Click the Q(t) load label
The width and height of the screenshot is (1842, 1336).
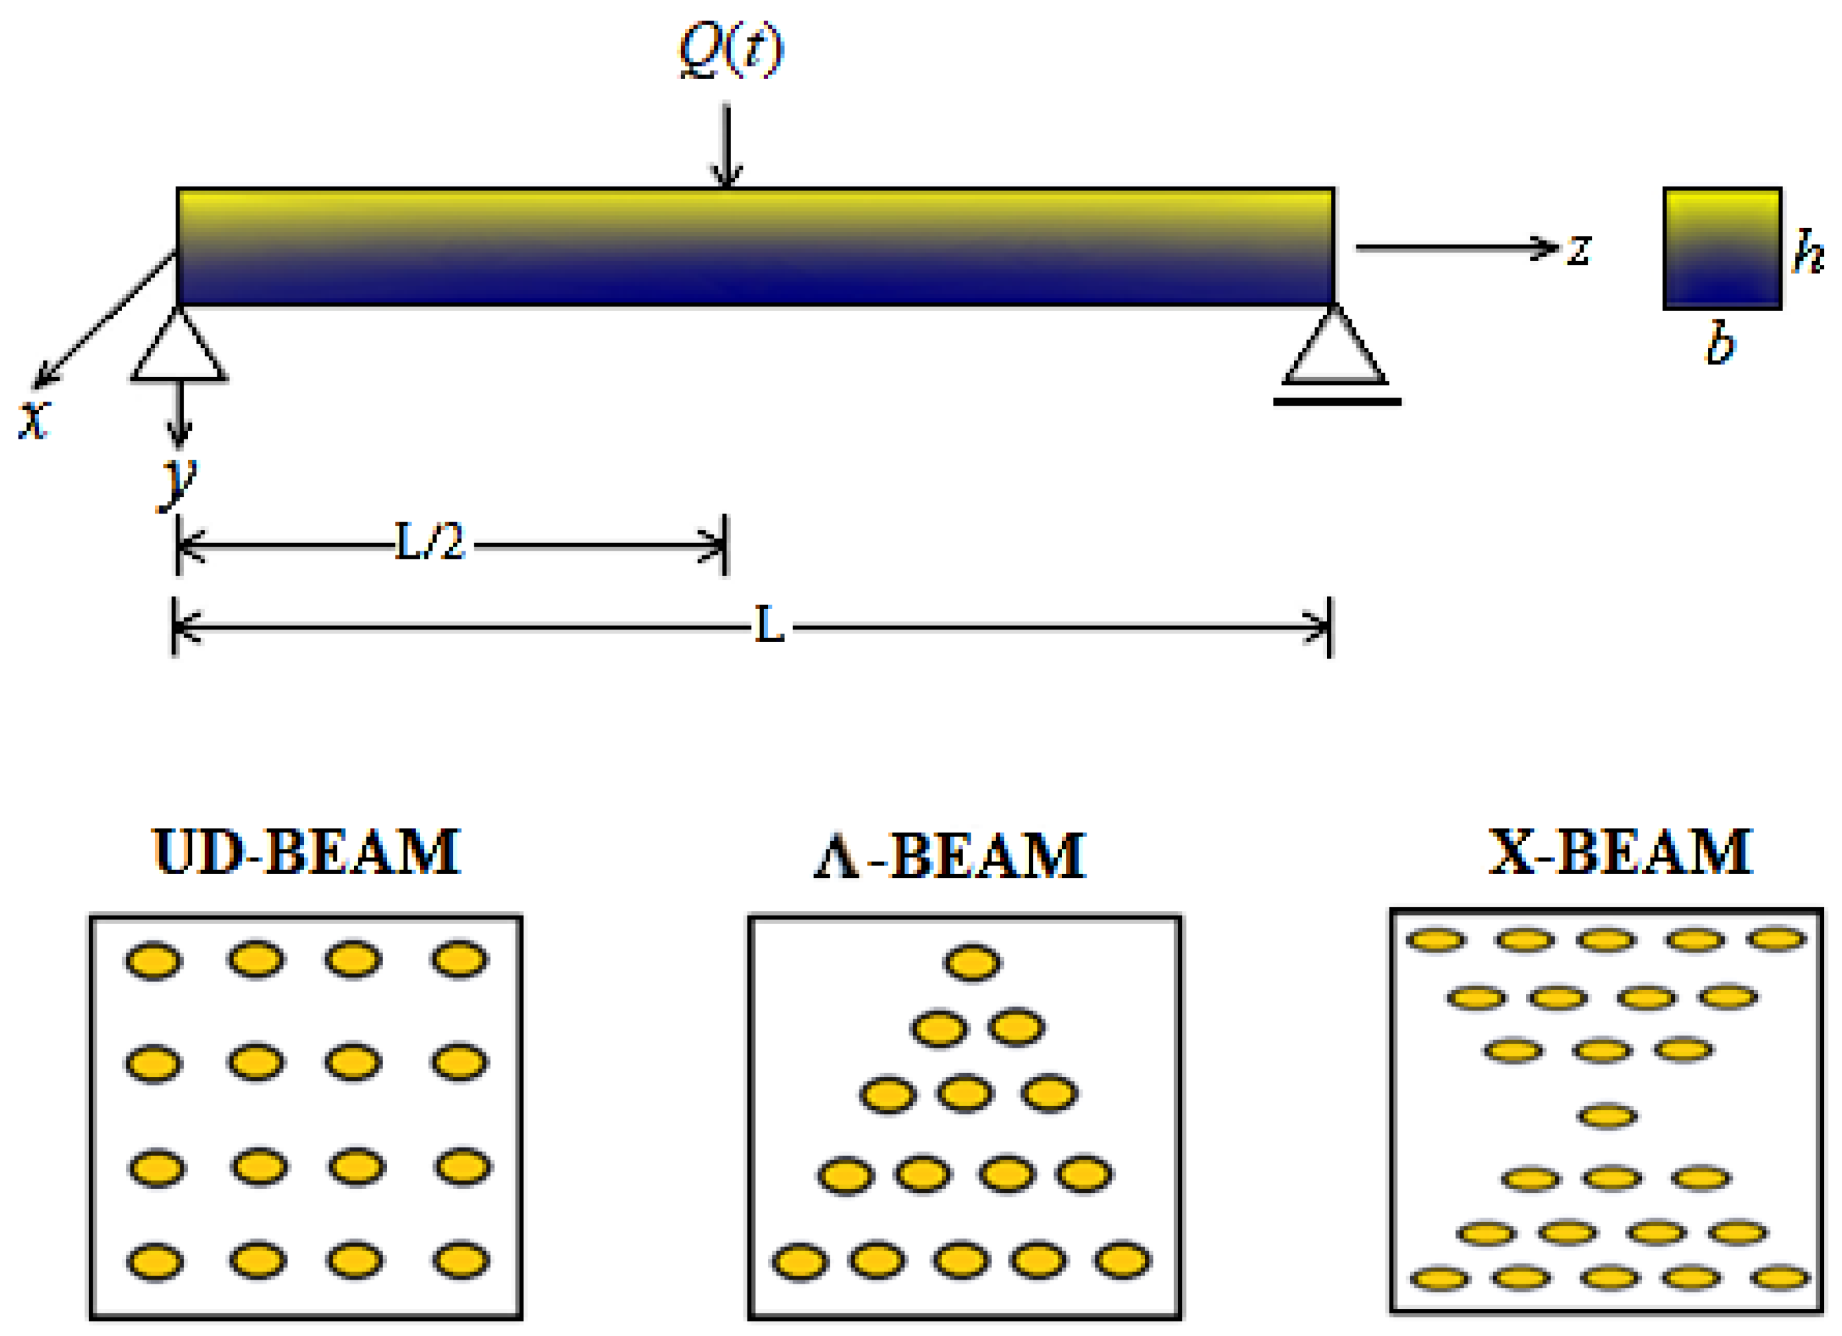click(x=731, y=50)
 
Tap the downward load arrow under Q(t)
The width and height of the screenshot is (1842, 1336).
click(x=727, y=146)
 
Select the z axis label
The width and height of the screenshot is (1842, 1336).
click(x=1578, y=249)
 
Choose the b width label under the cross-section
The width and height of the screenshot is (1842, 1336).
click(x=1719, y=345)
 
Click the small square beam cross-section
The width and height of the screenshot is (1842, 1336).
click(x=1722, y=249)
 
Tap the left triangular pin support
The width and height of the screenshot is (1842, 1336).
click(x=179, y=348)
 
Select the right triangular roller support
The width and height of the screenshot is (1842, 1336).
click(x=1334, y=349)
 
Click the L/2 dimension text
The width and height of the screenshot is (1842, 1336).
click(x=429, y=543)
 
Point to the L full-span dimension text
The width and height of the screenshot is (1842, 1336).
click(x=769, y=626)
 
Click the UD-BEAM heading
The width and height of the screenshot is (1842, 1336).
click(x=306, y=852)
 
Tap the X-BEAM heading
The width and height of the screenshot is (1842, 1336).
click(x=1619, y=852)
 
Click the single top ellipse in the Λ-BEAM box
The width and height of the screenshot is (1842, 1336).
click(x=972, y=963)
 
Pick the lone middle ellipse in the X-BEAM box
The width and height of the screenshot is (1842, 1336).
click(x=1607, y=1117)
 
